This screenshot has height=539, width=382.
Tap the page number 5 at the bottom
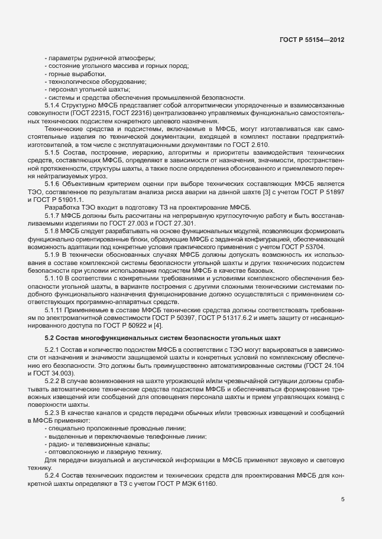point(343,499)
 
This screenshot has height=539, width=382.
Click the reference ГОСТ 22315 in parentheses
point(89,113)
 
